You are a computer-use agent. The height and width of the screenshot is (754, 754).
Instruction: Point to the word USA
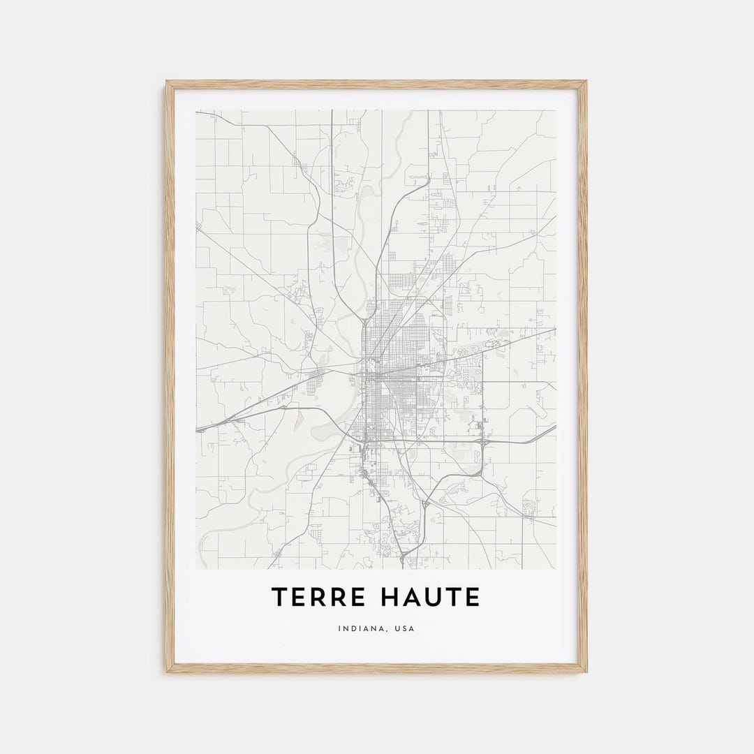point(404,629)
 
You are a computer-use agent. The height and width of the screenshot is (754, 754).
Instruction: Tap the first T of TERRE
point(279,598)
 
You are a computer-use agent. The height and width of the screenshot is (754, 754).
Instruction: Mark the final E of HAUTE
point(473,598)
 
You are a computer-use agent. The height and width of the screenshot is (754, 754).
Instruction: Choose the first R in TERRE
point(315,598)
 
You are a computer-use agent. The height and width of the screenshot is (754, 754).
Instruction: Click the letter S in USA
point(404,629)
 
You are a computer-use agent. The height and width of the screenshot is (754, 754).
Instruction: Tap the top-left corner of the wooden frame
point(168,82)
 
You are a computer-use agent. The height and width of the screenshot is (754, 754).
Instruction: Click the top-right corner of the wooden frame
point(585,82)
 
